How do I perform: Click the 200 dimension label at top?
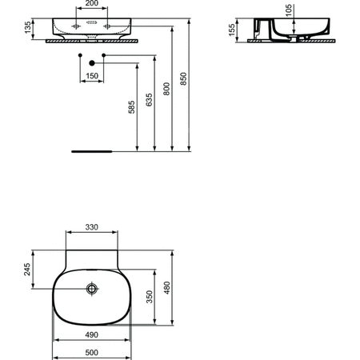click(92, 3)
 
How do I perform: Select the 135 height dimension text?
click(28, 28)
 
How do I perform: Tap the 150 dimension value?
click(92, 76)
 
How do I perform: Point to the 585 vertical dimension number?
click(132, 107)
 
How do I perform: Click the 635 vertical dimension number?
click(150, 100)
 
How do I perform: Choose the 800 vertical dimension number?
click(166, 89)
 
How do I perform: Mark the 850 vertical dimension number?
click(183, 79)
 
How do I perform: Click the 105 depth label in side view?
click(289, 10)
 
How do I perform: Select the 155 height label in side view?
click(232, 30)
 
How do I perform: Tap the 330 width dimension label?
click(92, 227)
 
